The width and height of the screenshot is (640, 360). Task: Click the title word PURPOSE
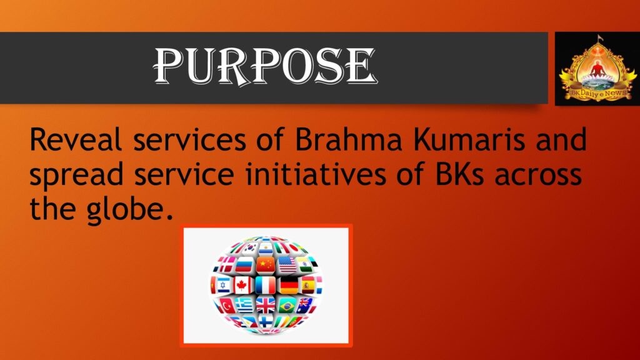point(265,66)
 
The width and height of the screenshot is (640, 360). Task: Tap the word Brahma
point(349,139)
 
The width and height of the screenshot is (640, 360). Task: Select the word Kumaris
point(469,139)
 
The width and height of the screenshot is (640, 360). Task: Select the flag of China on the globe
point(266,265)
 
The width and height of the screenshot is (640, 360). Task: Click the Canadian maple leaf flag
point(242,285)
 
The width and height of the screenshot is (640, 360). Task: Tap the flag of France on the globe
point(266,285)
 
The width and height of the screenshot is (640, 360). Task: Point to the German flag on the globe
point(289,285)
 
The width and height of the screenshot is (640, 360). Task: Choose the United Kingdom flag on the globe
point(266,305)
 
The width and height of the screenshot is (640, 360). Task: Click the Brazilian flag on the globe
point(287,305)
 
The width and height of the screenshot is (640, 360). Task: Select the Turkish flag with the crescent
point(227,305)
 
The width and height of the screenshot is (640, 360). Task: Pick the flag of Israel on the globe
point(223,285)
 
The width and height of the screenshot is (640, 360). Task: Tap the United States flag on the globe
point(287,265)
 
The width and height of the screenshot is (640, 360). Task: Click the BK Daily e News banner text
point(598,94)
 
